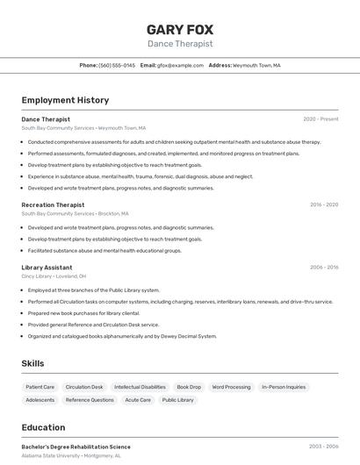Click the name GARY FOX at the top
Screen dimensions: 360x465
179,29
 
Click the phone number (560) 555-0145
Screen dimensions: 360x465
117,66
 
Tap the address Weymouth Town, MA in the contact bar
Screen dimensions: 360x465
256,66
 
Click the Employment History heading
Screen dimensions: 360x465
65,100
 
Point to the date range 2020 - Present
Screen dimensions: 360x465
320,119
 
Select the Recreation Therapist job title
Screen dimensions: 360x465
53,204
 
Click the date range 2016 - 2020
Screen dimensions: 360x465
323,204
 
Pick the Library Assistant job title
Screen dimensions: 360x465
47,267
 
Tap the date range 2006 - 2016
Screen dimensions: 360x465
323,267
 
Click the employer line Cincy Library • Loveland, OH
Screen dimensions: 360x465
54,276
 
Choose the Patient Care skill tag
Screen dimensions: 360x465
40,387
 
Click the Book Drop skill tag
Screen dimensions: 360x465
189,387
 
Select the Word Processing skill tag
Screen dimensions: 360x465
231,387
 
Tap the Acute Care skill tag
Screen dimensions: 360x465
138,400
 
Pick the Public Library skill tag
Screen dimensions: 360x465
178,400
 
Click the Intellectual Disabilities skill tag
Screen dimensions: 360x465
140,387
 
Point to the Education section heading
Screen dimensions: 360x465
43,427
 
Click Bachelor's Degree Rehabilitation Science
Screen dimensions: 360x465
76,447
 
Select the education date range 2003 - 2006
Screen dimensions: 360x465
323,447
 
